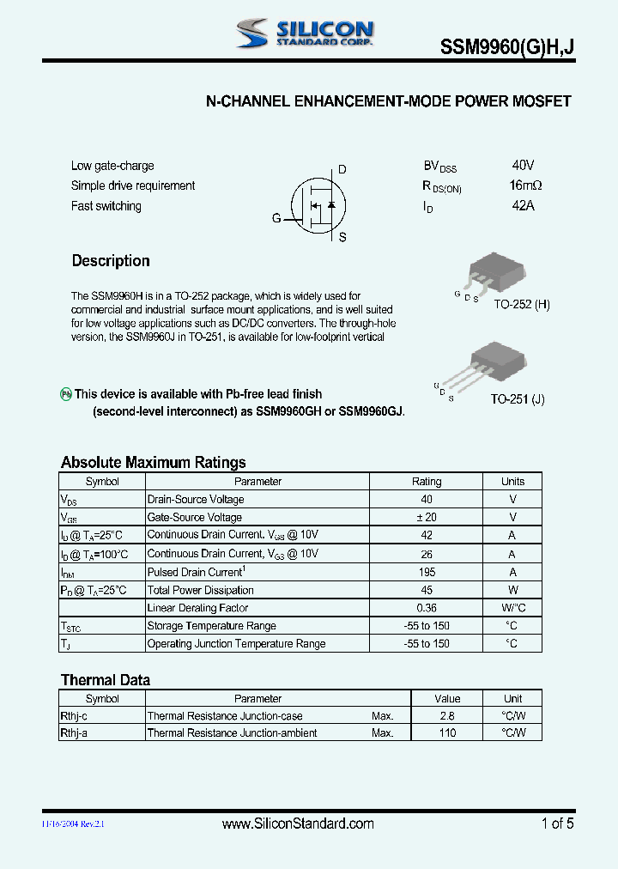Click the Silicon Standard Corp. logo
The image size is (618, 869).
click(305, 33)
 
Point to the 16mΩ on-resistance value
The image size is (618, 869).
click(524, 185)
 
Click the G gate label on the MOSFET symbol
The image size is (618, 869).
click(276, 218)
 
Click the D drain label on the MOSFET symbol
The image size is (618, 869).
click(342, 170)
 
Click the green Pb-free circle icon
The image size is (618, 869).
click(65, 394)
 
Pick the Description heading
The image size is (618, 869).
click(111, 261)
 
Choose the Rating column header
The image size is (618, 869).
click(427, 482)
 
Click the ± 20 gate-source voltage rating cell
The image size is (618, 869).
click(427, 517)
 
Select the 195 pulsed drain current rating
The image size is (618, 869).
click(427, 572)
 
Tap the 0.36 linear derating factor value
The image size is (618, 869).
click(427, 608)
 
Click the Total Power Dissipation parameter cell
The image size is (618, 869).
click(201, 590)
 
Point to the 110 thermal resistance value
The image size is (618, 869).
click(447, 733)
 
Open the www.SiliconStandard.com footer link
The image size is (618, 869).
click(298, 823)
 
